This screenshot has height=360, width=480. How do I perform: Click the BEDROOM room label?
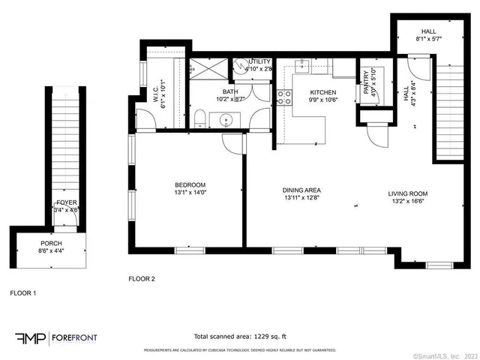[190, 184]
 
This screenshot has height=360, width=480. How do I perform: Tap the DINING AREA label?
[302, 190]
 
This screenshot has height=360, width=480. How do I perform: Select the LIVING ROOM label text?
[408, 193]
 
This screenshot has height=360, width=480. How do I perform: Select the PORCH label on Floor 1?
[52, 243]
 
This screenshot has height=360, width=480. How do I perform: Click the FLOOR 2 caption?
[141, 279]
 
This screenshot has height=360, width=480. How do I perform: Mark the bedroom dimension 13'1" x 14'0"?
[190, 193]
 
